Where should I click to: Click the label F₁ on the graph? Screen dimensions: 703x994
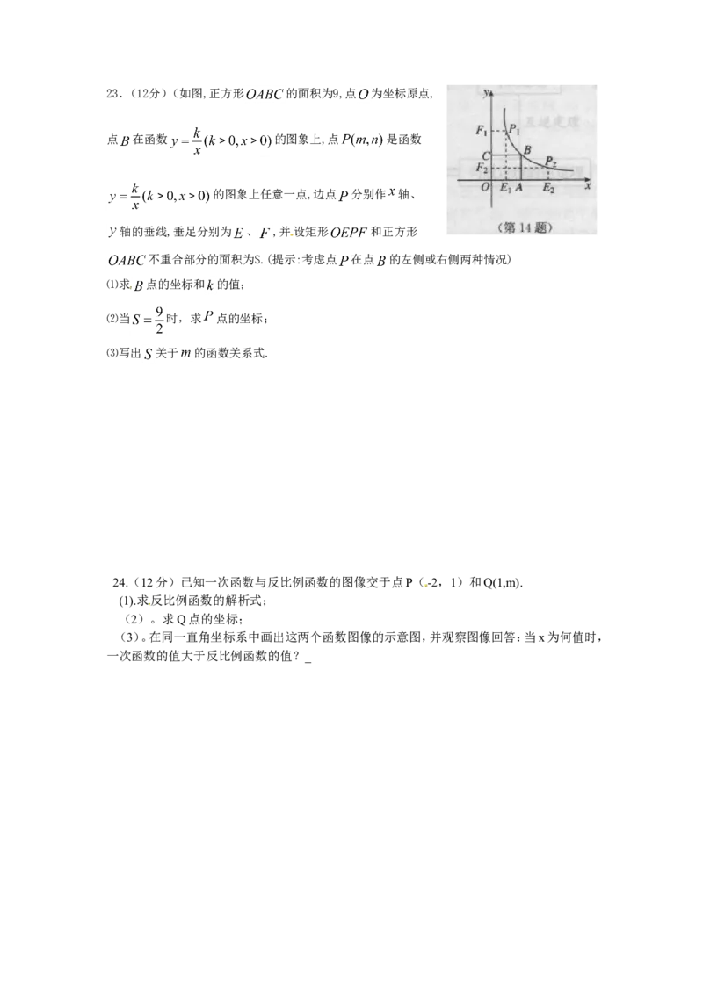[482, 131]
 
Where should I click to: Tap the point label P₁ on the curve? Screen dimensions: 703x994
[514, 130]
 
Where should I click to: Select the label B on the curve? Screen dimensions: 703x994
[526, 150]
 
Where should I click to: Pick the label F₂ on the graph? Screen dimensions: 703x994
[482, 168]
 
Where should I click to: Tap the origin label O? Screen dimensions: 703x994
[485, 187]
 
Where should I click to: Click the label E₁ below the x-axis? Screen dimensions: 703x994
[505, 188]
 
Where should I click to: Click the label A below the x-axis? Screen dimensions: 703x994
[519, 187]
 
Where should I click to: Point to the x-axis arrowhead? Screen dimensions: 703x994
[587, 181]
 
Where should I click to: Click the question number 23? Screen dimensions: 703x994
[113, 94]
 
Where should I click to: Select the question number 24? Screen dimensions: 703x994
[120, 583]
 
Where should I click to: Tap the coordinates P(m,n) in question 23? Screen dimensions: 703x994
[363, 140]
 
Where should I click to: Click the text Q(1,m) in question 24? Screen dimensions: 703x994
[503, 583]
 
